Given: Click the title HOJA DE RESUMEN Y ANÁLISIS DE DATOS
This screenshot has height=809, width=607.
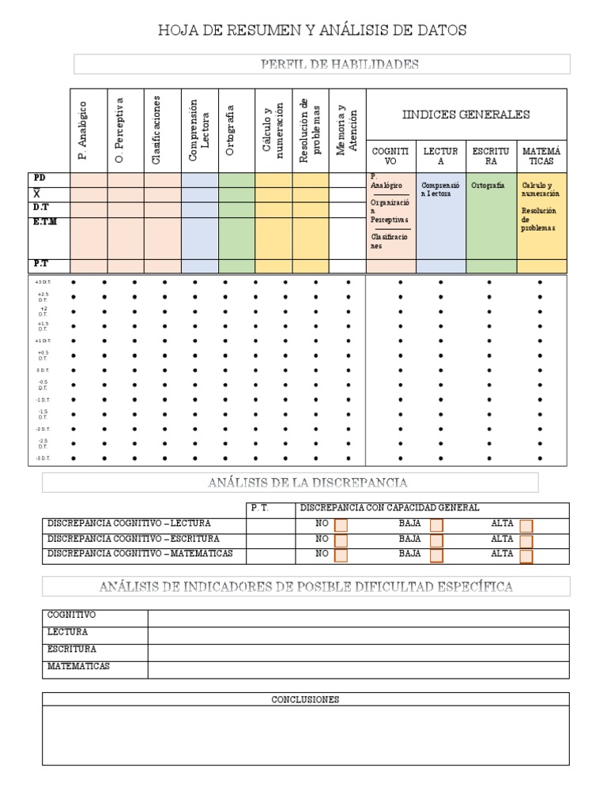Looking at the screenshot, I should point(312,31).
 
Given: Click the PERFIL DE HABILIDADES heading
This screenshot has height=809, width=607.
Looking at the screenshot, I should point(340,64).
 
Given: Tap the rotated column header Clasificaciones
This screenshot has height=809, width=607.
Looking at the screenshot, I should point(156,130).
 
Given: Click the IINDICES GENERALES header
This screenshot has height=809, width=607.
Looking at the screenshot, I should point(466,115).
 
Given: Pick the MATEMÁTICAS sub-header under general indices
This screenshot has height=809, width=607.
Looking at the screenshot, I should point(541,156).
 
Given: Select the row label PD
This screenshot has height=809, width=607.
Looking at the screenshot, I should point(40,178).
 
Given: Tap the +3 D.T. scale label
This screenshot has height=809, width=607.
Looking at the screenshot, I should point(43,282).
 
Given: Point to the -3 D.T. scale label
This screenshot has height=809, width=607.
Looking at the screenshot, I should point(43,458).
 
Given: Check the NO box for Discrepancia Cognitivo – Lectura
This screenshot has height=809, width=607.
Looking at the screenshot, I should point(341,525).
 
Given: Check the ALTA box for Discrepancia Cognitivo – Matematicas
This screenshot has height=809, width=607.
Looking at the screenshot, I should point(526,556).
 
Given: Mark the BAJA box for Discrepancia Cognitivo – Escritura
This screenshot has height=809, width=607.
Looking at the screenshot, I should point(436,541).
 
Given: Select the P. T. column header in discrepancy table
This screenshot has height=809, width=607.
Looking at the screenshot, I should point(260,508).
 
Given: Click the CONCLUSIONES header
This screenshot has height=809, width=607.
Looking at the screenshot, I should point(305,699).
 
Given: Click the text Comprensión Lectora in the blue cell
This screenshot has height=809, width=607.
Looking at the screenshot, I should point(440,189).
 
